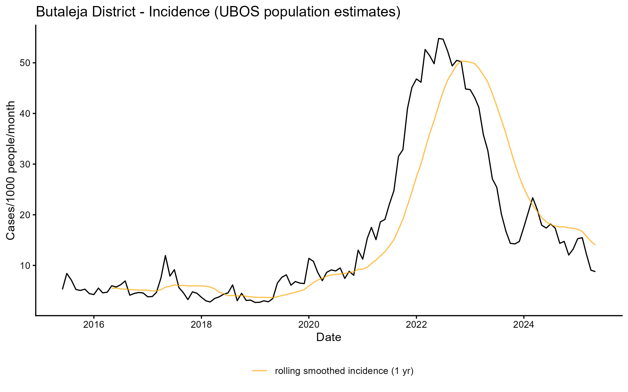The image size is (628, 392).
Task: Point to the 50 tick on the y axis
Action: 25,63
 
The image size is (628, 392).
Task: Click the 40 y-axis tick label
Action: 25,114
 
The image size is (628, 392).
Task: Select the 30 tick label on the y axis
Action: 25,164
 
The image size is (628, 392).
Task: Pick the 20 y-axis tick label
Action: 25,215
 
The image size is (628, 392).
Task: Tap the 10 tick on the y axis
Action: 25,266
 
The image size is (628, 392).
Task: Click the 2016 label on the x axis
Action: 94,325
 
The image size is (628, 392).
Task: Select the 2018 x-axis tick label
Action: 201,325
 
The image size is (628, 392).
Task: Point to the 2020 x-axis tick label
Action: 309,325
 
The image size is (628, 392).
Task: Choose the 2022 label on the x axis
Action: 416,325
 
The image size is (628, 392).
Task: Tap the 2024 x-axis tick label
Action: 524,325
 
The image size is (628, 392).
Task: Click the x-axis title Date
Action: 329,337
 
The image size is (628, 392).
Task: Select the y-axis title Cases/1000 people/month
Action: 10,170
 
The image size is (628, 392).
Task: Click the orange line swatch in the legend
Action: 260,371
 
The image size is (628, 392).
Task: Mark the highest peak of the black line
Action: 439,38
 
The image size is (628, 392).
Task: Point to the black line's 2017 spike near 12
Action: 165,255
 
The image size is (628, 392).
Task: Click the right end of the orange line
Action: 595,245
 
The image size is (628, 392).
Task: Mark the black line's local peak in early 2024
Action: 533,198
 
